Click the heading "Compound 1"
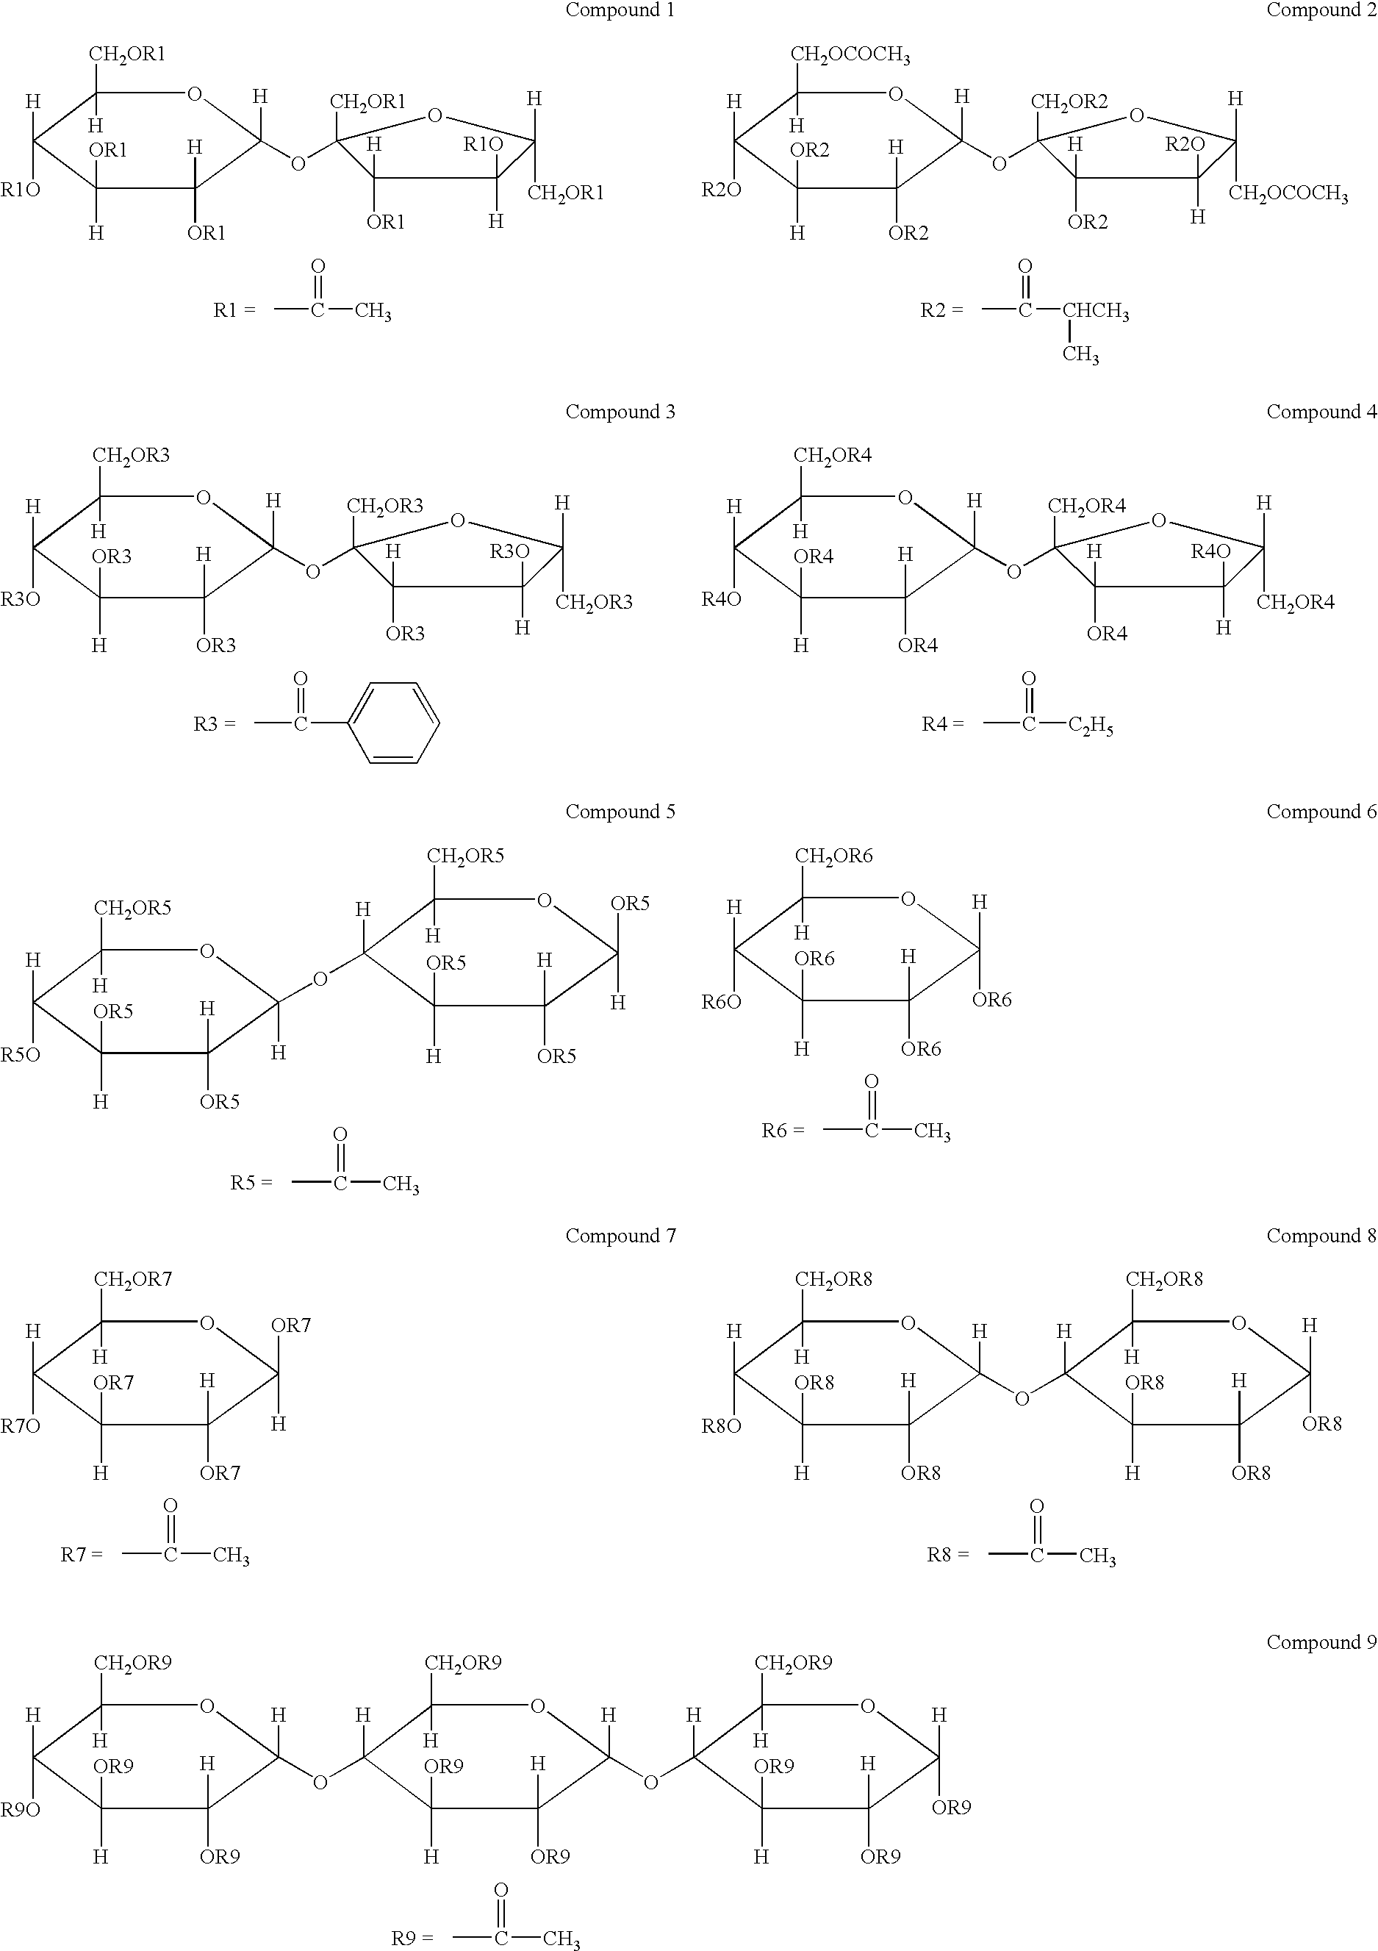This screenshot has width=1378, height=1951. point(620,10)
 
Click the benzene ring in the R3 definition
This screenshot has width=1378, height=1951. point(394,723)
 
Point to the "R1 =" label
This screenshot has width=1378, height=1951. point(234,310)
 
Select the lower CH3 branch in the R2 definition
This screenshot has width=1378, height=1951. point(1080,354)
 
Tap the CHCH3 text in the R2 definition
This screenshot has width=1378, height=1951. point(1096,311)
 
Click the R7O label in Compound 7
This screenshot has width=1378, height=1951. point(21,1426)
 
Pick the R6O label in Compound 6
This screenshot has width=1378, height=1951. point(721,1002)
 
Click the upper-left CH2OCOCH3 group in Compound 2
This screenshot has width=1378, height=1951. point(850,55)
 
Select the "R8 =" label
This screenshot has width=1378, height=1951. point(947,1555)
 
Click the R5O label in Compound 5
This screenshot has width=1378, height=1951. point(21,1055)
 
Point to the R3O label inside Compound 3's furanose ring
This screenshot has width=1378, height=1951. point(509,551)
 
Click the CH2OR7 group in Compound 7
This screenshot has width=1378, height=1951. point(132,1280)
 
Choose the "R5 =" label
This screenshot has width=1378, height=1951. point(251,1183)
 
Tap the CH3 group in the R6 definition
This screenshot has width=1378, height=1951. point(932,1131)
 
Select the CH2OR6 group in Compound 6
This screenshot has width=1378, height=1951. point(833,856)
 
